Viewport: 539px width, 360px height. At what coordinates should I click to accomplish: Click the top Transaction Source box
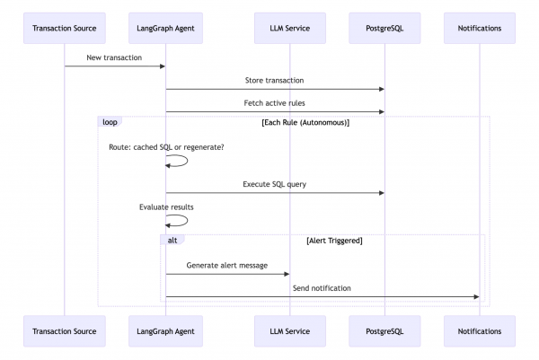64,28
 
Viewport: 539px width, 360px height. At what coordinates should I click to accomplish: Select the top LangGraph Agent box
165,28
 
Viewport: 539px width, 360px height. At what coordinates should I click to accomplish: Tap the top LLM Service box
290,28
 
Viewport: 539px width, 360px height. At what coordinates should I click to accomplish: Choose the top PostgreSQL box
384,28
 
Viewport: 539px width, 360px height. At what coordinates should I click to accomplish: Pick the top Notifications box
479,28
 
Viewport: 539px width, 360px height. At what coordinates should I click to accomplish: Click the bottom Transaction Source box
64,331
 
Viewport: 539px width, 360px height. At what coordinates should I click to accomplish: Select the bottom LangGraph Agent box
165,331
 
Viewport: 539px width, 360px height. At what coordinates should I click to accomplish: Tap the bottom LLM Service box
290,331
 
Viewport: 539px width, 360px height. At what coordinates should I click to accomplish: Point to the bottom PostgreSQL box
384,331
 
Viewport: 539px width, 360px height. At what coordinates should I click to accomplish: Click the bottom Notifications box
479,331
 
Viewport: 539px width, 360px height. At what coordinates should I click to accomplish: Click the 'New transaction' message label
114,57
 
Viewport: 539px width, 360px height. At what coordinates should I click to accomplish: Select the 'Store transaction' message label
274,81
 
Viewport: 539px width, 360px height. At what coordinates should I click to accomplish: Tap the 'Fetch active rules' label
274,103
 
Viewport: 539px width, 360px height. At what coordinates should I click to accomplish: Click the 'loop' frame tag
110,122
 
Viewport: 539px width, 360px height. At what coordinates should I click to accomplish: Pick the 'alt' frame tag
172,241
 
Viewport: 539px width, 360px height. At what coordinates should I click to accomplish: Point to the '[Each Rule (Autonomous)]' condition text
305,122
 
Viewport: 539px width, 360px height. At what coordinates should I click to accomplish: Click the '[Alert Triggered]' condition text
333,241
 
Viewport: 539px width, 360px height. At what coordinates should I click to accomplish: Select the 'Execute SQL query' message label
274,184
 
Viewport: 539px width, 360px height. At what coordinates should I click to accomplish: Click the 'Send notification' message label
321,288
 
